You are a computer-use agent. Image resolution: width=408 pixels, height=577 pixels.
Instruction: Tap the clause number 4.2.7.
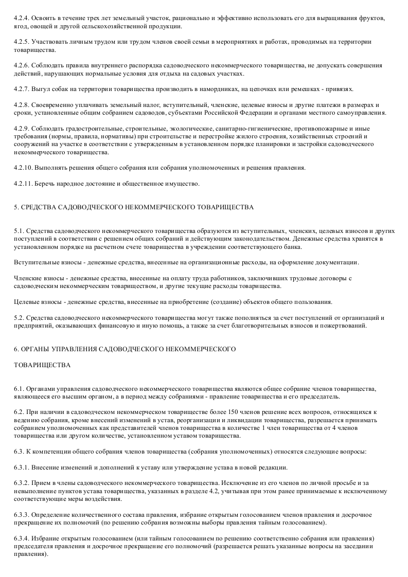pos(22,89)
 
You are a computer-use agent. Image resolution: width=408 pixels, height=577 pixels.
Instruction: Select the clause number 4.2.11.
pos(23,184)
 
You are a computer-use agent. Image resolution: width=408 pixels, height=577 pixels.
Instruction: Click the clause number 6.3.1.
pos(23,467)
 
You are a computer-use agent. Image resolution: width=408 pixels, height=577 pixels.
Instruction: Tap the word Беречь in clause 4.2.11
pos(44,184)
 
